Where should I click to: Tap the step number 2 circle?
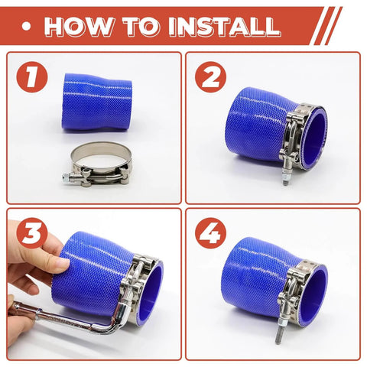click(x=209, y=77)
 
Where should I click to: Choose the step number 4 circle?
click(x=209, y=234)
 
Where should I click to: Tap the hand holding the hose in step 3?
click(x=31, y=268)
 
